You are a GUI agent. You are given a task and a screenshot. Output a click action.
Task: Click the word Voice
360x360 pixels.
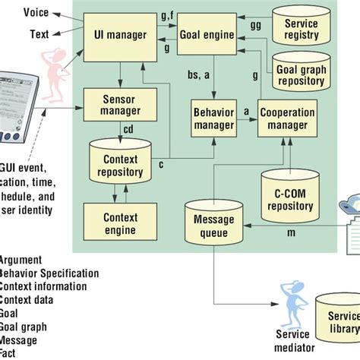tap(36, 13)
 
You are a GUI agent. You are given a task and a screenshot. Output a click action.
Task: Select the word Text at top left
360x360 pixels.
tap(39, 34)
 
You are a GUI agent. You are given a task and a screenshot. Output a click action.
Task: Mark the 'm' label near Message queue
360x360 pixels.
tap(292, 230)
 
